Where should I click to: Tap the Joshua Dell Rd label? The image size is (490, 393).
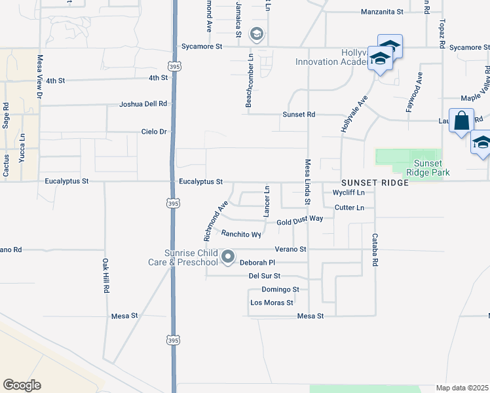pos(143,104)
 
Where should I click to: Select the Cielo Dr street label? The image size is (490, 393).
pos(155,132)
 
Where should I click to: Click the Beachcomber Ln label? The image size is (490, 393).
pos(250,81)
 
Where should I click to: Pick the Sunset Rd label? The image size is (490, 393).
pos(299,114)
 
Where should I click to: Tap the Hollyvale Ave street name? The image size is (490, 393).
pos(354,115)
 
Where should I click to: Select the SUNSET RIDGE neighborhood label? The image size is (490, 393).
pos(375,183)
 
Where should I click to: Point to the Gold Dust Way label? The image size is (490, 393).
pos(300,221)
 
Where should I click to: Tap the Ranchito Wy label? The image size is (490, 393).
pos(241,234)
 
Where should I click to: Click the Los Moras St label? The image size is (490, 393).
pos(271,303)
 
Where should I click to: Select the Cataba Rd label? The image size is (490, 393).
pos(375,250)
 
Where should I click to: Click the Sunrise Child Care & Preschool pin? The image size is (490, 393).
pos(228,257)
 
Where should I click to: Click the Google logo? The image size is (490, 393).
pos(22,386)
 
